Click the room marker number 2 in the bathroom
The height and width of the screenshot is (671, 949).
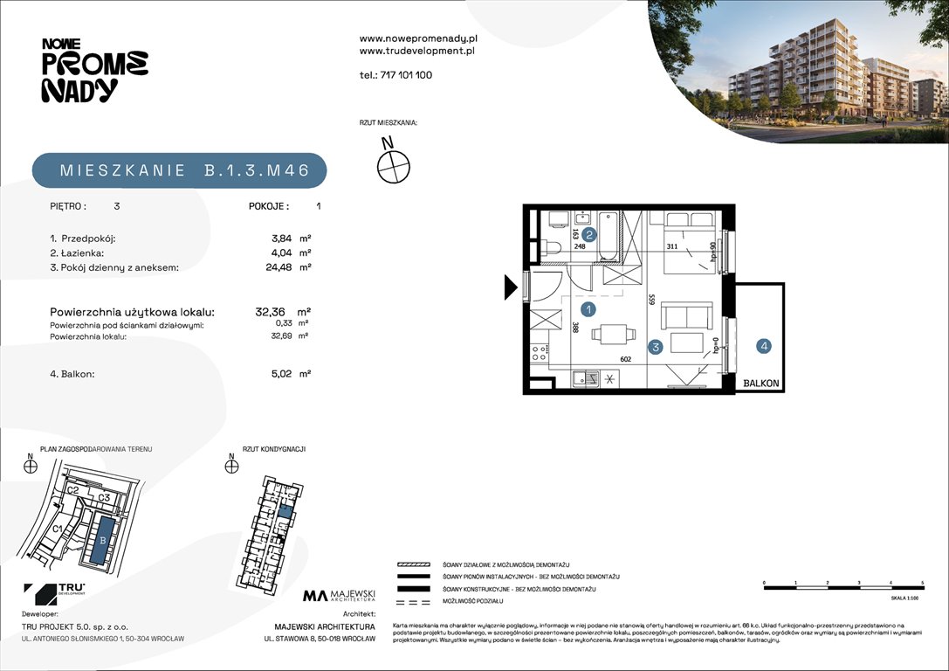click(589, 234)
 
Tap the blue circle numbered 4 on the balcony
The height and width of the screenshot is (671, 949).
click(764, 347)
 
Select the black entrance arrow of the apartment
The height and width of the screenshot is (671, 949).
click(510, 287)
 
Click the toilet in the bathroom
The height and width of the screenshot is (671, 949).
click(552, 247)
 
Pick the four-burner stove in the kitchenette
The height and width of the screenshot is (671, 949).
click(540, 354)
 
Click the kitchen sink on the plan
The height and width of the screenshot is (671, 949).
click(586, 378)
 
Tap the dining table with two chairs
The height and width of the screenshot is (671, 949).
click(609, 335)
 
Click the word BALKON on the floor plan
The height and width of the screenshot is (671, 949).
click(761, 384)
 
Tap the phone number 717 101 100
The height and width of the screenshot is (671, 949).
click(407, 75)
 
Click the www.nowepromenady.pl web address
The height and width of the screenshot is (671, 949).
click(418, 38)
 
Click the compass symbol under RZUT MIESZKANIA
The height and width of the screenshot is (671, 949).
click(393, 164)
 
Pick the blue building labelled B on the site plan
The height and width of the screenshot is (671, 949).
click(104, 539)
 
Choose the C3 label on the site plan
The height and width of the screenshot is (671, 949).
click(103, 498)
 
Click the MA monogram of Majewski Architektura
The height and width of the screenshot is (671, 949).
click(314, 596)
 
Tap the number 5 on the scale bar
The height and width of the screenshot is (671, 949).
click(922, 582)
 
